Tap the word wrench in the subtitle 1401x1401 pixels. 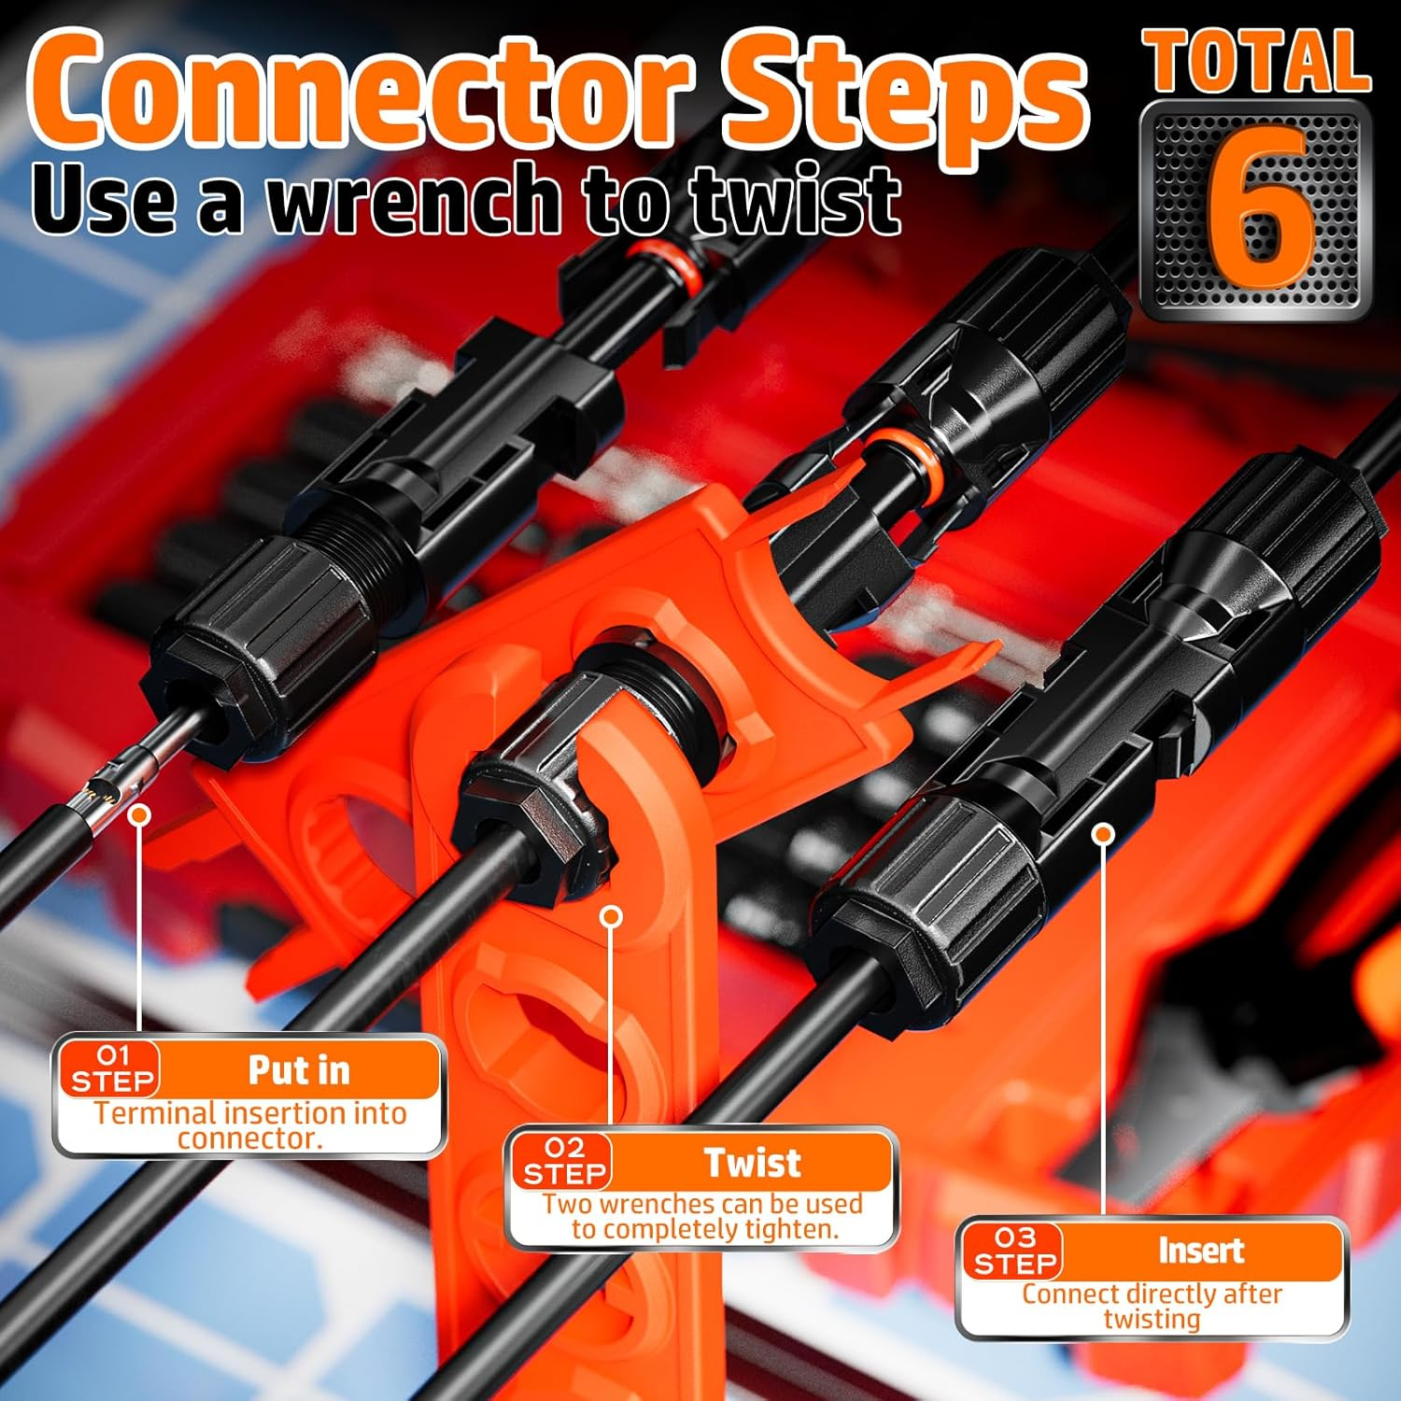point(417,199)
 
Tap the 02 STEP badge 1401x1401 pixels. point(564,1161)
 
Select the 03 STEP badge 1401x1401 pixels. point(1014,1252)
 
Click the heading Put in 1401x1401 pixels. point(299,1070)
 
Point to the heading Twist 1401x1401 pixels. point(752,1163)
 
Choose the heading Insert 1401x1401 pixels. point(1201,1251)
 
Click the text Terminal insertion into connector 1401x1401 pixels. point(249,1125)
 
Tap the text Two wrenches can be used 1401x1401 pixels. point(702,1204)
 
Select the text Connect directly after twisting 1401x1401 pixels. point(1152,1306)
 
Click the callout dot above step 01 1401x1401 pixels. point(140,815)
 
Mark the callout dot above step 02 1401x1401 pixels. point(612,916)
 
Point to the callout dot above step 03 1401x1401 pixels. point(1104,832)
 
